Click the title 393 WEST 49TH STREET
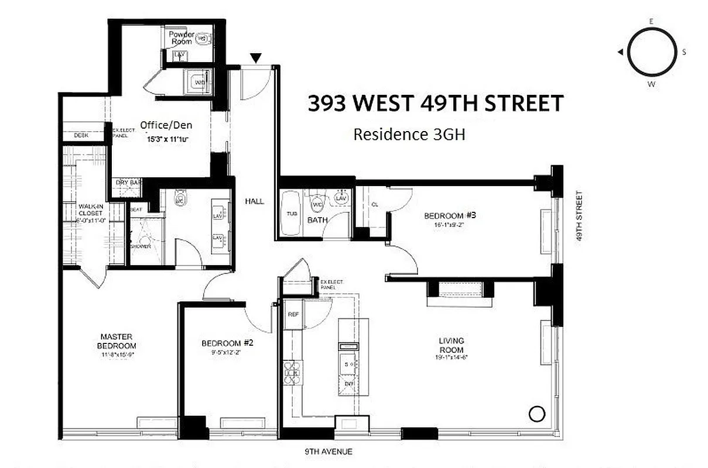(436, 104)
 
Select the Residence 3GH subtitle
(409, 135)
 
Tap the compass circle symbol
(651, 52)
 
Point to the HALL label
(255, 201)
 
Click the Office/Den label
(166, 125)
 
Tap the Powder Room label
(182, 38)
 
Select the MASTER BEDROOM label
(117, 341)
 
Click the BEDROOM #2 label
(227, 343)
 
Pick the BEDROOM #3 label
(450, 215)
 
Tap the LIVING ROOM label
(452, 345)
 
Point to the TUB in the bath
(292, 214)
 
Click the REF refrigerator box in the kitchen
(293, 315)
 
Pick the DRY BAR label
(128, 183)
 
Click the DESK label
(81, 135)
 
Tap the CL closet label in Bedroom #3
(374, 204)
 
